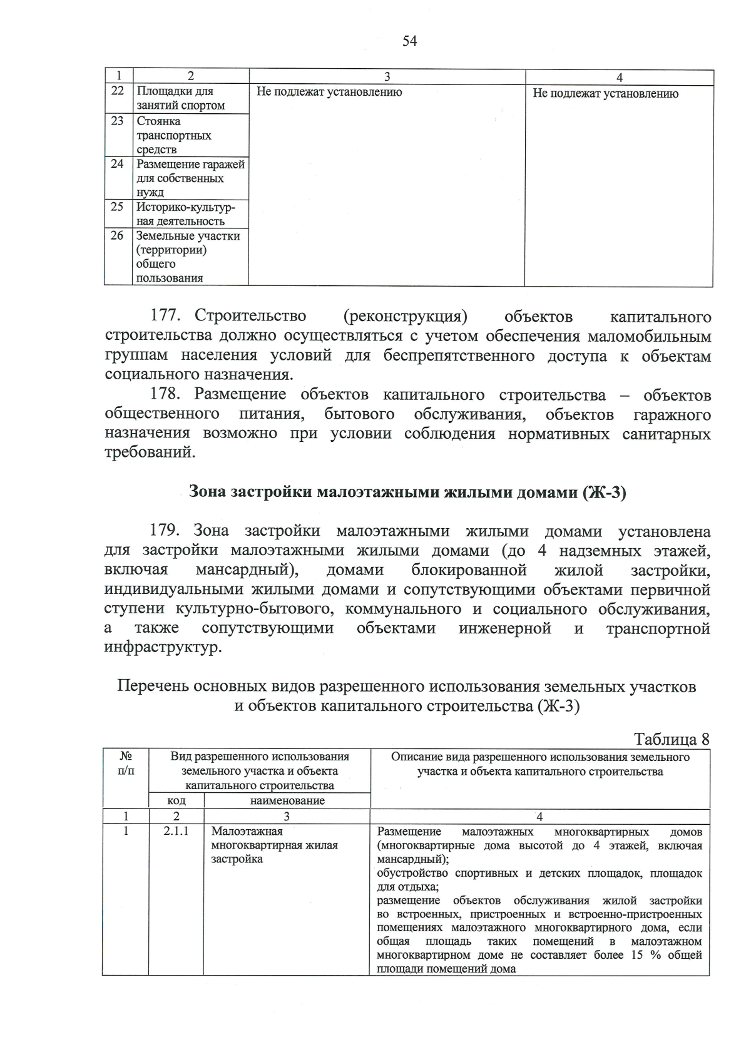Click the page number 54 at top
coord(409,41)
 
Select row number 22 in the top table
coord(117,91)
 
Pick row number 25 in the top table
coord(117,207)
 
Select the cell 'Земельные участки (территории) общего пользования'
coord(188,257)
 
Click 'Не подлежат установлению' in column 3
coord(329,93)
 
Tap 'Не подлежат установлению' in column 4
coord(605,94)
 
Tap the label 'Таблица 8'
coord(672,739)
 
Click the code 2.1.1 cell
coord(176,832)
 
